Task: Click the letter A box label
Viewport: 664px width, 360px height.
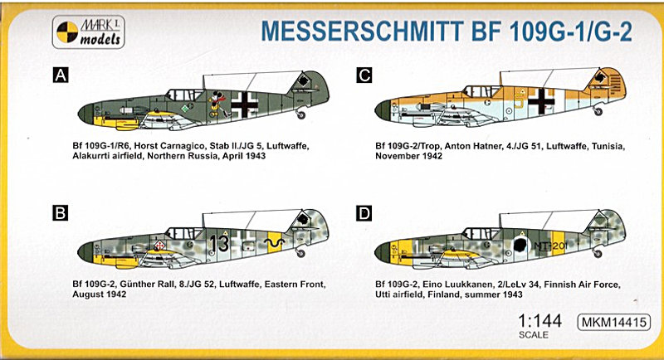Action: (59, 76)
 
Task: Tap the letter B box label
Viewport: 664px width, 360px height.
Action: (59, 214)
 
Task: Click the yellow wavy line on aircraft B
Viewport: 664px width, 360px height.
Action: (271, 242)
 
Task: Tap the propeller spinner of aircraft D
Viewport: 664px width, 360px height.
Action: (379, 246)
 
